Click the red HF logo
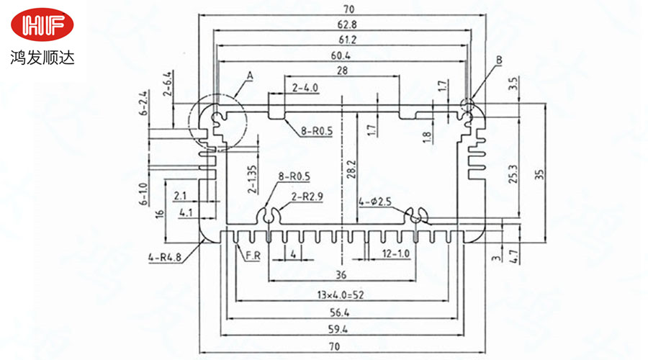pyautogui.click(x=43, y=27)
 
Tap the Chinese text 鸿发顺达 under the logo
pyautogui.click(x=43, y=56)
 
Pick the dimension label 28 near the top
pyautogui.click(x=341, y=71)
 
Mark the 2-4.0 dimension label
pyautogui.click(x=305, y=88)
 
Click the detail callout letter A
pyautogui.click(x=251, y=75)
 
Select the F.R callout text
pyautogui.click(x=253, y=256)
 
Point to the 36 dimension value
pyautogui.click(x=341, y=274)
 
